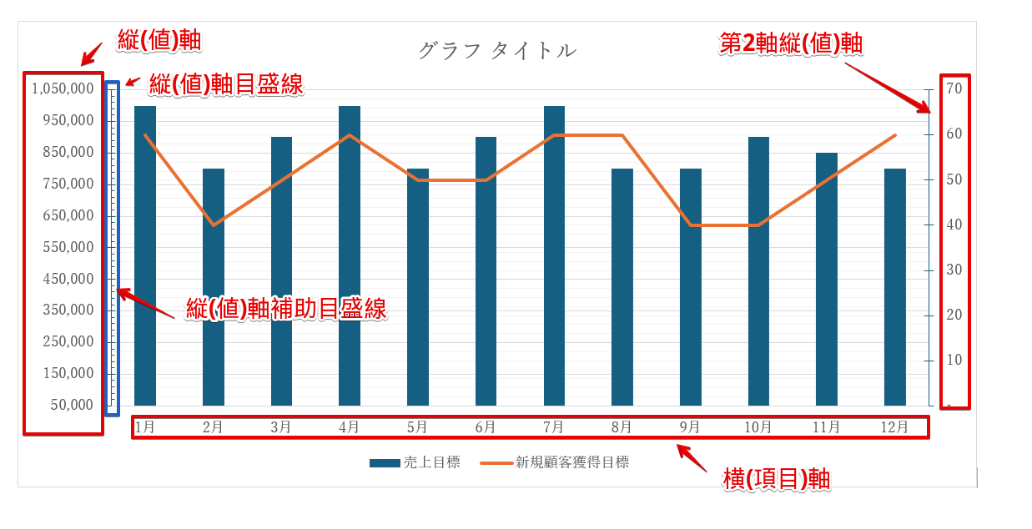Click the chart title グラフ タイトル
coord(496,50)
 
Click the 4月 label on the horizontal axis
coord(350,427)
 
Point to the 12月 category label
coord(894,427)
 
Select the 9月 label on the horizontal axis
coord(690,427)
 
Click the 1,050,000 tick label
coord(63,88)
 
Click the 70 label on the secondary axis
coord(954,88)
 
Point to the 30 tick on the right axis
coord(954,270)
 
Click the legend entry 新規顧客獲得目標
coord(572,462)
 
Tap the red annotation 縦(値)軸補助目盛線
coord(287,309)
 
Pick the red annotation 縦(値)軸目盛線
coord(225,84)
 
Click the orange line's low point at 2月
coord(214,225)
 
